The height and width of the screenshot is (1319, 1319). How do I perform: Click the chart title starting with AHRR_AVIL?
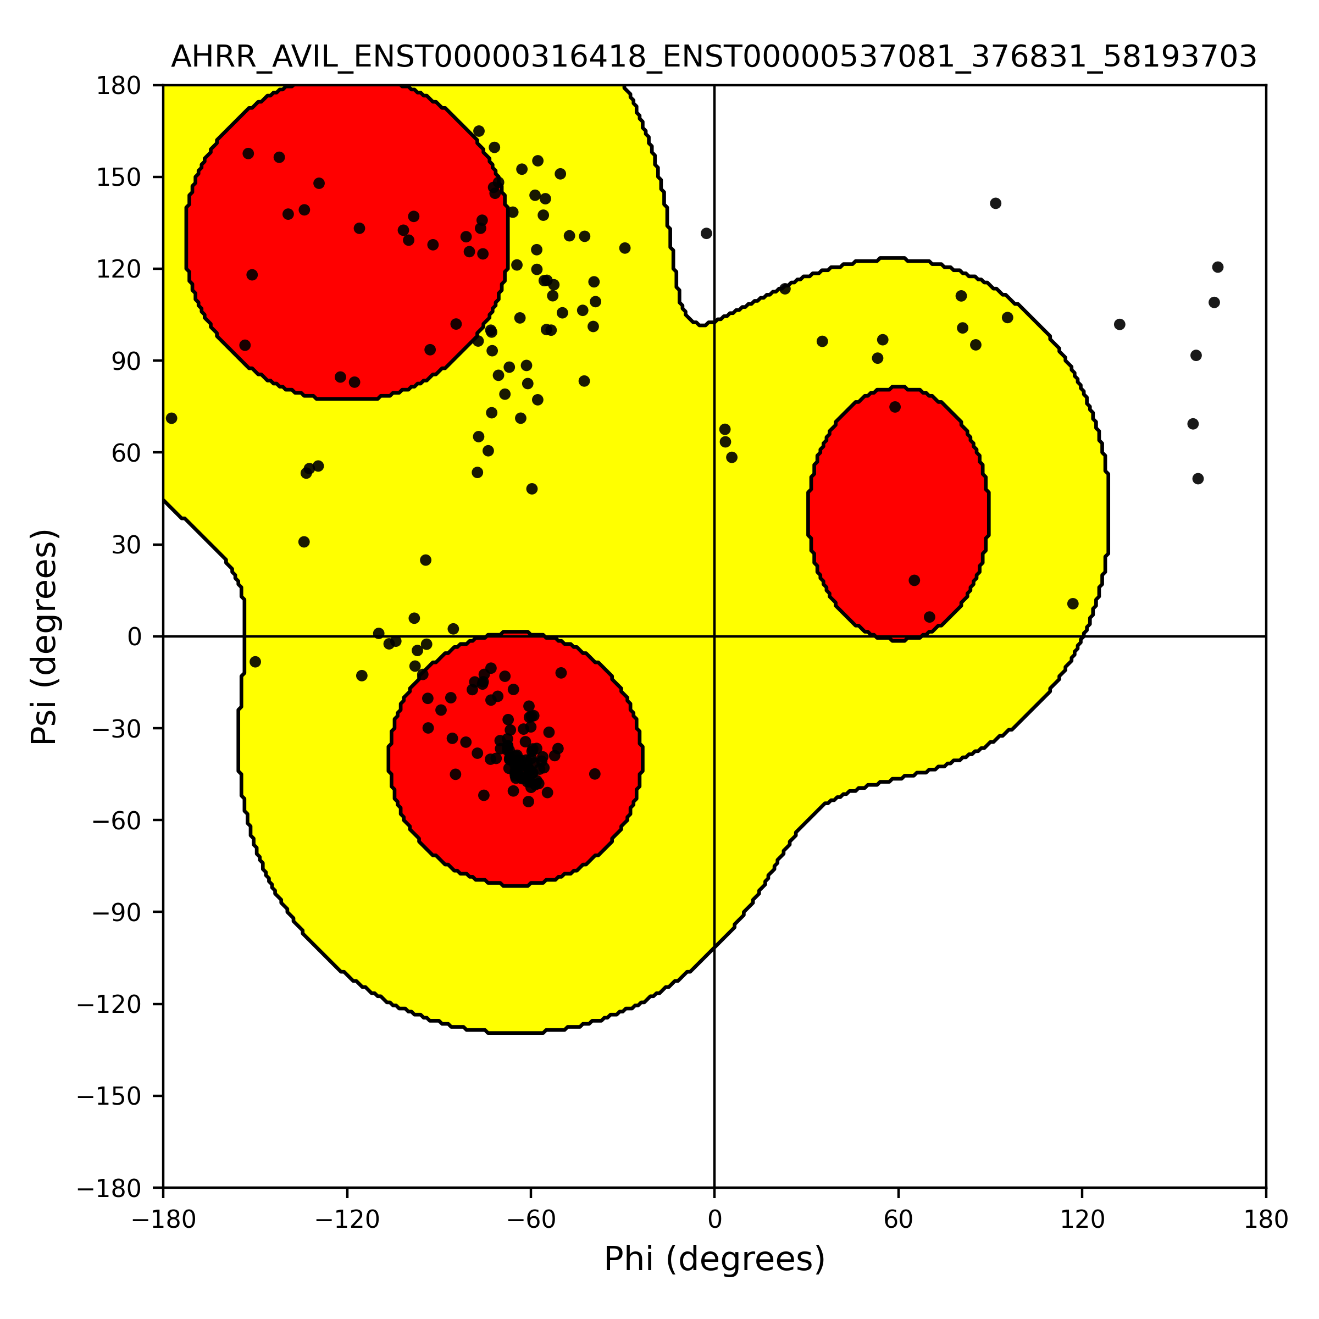point(713,57)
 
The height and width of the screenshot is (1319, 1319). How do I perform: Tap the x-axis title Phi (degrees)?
point(714,1259)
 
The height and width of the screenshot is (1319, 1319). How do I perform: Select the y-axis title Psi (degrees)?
point(45,636)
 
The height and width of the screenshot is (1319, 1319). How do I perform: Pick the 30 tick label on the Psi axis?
point(126,545)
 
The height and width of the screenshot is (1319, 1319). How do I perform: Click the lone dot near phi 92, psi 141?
point(995,203)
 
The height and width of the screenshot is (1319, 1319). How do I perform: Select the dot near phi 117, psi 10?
point(1073,603)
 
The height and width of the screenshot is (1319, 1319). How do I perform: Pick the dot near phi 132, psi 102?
point(1120,324)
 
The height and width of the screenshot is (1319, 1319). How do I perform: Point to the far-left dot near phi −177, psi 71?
point(171,418)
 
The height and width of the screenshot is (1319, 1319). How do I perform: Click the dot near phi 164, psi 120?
point(1218,267)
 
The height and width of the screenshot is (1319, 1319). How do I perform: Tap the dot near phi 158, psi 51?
point(1198,479)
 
